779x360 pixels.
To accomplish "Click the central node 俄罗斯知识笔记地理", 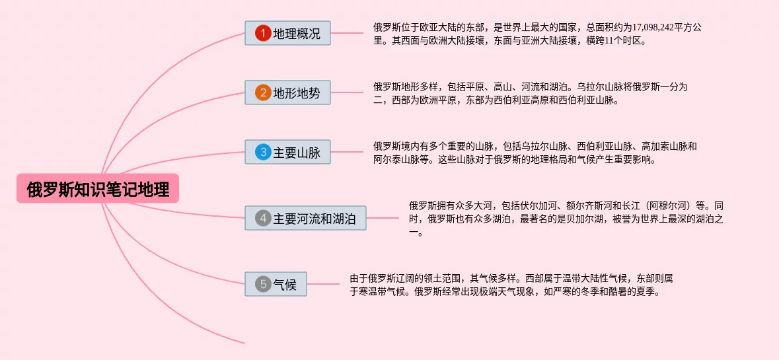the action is (98, 190).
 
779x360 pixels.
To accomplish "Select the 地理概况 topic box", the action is (287, 33).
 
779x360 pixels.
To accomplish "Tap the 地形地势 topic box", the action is (287, 92).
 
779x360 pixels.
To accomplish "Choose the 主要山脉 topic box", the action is (287, 152).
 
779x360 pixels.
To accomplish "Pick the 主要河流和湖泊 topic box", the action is (305, 218).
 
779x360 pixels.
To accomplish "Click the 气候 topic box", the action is (276, 284).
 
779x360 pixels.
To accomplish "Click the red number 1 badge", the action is (263, 33).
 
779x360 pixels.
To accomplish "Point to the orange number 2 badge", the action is (263, 92).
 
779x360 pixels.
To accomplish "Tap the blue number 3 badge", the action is (263, 152).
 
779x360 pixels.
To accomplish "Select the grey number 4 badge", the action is (263, 218).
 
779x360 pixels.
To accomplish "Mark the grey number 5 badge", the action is (263, 284).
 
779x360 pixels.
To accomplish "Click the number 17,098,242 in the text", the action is (656, 27).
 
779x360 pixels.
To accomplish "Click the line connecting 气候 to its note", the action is (324, 284).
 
